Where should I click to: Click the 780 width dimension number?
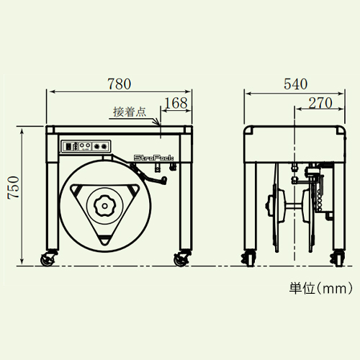(x=120, y=84)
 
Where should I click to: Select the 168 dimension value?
(x=176, y=103)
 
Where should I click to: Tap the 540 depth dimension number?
(x=295, y=84)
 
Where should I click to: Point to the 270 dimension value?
(x=320, y=103)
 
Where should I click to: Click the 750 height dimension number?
(x=14, y=187)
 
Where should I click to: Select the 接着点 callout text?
(x=130, y=112)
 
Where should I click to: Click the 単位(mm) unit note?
(x=321, y=288)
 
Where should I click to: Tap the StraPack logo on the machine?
(x=153, y=158)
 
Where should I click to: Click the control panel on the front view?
(x=86, y=146)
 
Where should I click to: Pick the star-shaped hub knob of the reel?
(x=104, y=206)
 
